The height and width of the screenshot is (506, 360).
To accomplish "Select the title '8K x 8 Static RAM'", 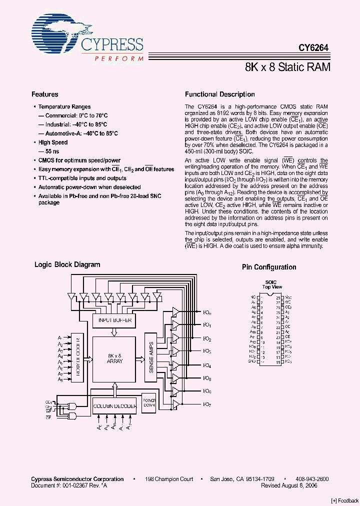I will click(x=287, y=67).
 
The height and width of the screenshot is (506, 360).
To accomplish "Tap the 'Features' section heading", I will click(x=45, y=94).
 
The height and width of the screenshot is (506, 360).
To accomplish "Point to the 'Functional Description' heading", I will click(x=219, y=94).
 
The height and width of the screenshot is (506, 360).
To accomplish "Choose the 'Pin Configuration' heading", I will click(x=269, y=267).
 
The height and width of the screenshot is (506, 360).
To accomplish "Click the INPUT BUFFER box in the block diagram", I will click(x=114, y=320).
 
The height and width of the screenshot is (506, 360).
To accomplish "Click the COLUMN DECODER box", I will click(x=114, y=406).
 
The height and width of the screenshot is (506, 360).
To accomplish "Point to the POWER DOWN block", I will click(x=149, y=403).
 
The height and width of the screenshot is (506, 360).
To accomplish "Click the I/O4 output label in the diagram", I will click(x=207, y=365).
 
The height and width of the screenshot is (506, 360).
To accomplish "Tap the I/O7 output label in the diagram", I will click(x=207, y=404).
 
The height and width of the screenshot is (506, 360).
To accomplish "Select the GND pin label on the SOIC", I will click(x=252, y=361).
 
